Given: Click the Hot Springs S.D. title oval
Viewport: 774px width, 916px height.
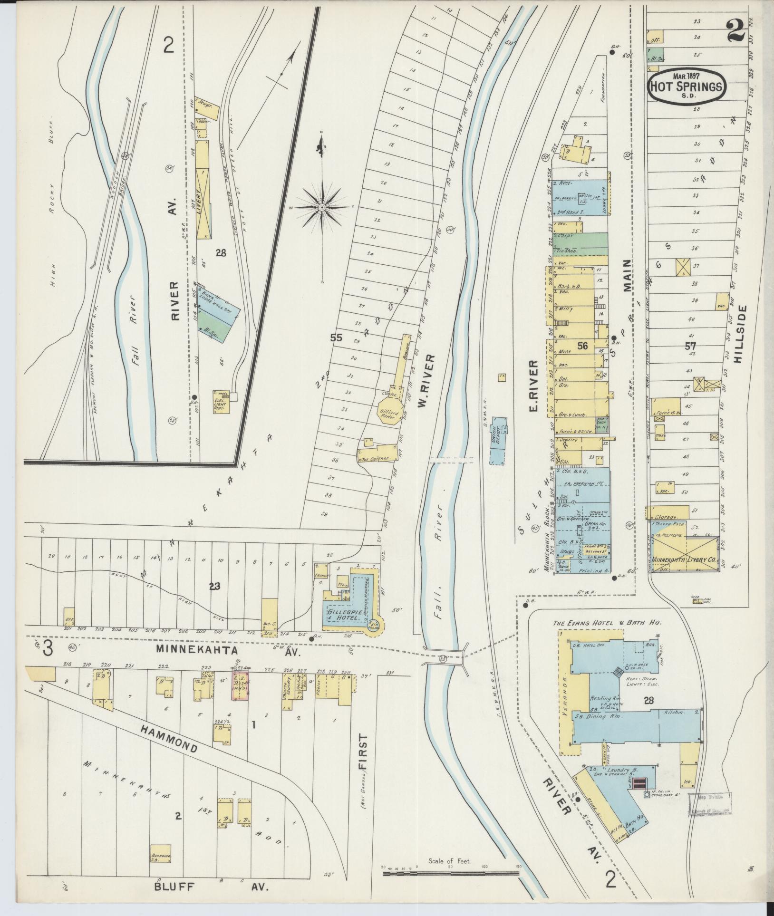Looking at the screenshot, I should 687,87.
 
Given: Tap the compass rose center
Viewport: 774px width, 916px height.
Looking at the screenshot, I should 322,208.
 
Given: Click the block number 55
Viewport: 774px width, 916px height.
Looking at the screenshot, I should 337,338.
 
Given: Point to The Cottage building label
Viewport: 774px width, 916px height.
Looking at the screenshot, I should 375,459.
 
